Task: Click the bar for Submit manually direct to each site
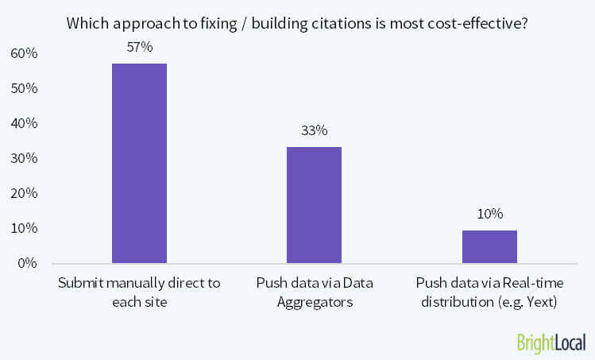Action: coord(139,163)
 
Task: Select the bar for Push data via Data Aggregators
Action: coord(314,204)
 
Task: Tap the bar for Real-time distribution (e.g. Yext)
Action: coord(489,246)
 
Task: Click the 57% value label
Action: coord(139,48)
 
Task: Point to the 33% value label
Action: coord(314,131)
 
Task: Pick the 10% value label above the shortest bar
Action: coord(489,214)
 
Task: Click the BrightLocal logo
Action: coord(550,342)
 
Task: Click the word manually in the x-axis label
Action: coord(134,282)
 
